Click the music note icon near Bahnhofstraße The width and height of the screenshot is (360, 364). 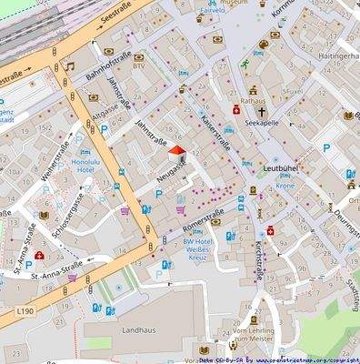click(x=69, y=66)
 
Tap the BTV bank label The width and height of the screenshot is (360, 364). click(x=138, y=66)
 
